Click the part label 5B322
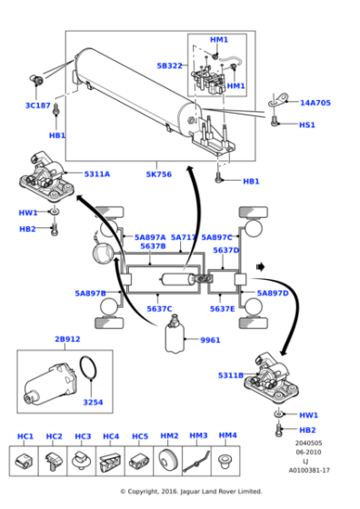coord(170,65)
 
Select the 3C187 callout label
coord(37,105)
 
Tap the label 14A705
coord(315,103)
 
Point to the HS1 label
coord(307,125)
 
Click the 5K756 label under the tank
coord(158,174)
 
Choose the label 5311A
coord(97,174)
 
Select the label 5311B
coord(231,374)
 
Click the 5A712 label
coord(183,236)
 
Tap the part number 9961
coord(211,340)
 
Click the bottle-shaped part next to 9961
coord(174,338)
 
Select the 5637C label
coord(159,308)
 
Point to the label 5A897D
coord(272,294)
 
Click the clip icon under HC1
coord(25,463)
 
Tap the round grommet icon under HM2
coord(168,463)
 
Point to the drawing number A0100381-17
coord(309,470)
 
